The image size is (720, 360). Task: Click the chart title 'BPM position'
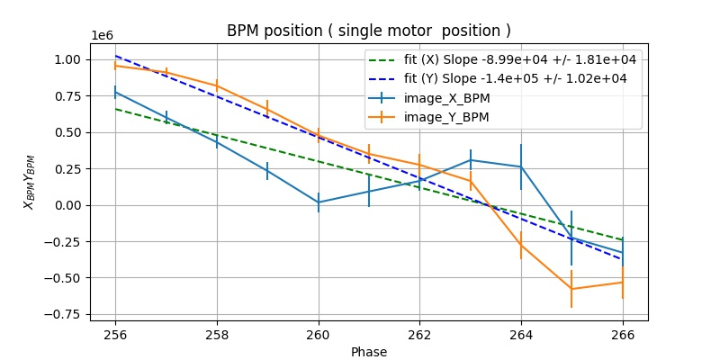point(368,31)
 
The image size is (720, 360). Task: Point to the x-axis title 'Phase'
point(369,352)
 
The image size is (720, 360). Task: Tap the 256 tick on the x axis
point(115,333)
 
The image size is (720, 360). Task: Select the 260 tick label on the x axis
point(319,333)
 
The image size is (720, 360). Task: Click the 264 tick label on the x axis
point(521,333)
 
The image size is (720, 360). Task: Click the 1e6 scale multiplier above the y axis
point(102,36)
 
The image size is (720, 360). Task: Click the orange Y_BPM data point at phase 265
point(571,289)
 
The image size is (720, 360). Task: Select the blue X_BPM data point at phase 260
point(319,202)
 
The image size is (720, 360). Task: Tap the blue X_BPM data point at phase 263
point(471,160)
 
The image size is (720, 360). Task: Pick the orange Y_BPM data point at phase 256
point(115,66)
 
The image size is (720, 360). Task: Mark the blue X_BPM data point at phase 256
point(115,92)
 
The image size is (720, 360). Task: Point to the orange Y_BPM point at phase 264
point(521,245)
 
